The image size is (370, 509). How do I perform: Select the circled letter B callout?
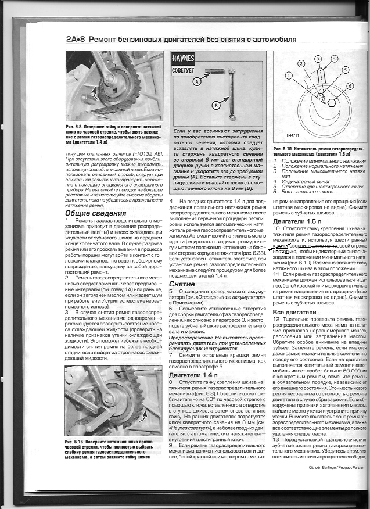pyautogui.click(x=215, y=105)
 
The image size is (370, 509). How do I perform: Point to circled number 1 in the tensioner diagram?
pyautogui.click(x=289, y=76)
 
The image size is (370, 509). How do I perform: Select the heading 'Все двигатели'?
pyautogui.click(x=294, y=313)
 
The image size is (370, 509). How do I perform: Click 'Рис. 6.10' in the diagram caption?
pyautogui.click(x=281, y=149)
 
